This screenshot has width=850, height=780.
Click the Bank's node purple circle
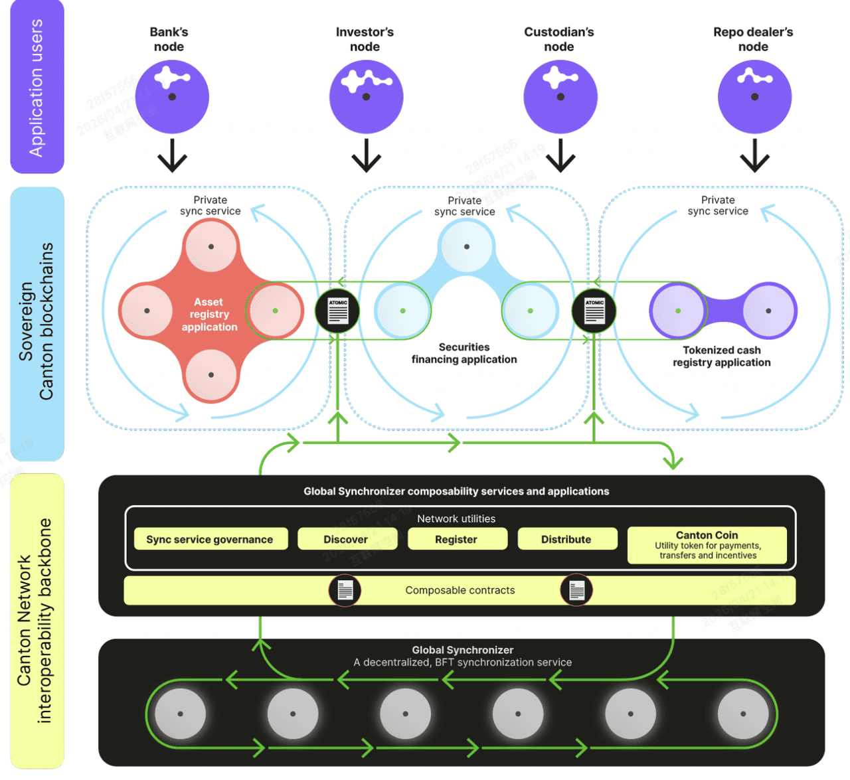click(172, 97)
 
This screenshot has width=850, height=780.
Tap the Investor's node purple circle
click(366, 97)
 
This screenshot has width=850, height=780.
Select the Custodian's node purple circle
click(560, 97)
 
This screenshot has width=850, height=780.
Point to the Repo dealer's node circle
click(754, 97)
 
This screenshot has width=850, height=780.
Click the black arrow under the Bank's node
click(172, 155)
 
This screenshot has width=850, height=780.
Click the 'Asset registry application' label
click(209, 314)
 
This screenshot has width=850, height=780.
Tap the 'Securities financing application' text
click(464, 353)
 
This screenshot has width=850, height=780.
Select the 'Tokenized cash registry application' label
click(722, 356)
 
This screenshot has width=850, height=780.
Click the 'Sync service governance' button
click(210, 539)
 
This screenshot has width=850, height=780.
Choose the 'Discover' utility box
click(346, 539)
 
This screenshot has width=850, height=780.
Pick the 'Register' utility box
click(456, 539)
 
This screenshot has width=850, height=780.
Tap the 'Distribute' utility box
click(566, 539)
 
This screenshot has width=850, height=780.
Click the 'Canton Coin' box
click(707, 545)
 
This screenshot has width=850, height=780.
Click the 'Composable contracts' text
click(460, 590)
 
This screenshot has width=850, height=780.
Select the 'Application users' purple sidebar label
click(37, 87)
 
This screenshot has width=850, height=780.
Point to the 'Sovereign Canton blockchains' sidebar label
click(37, 322)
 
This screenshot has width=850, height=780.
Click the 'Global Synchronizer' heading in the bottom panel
click(462, 650)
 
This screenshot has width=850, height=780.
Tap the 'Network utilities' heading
click(456, 518)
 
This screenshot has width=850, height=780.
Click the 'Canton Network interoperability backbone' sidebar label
click(35, 621)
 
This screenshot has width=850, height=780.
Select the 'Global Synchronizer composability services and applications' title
click(456, 491)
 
